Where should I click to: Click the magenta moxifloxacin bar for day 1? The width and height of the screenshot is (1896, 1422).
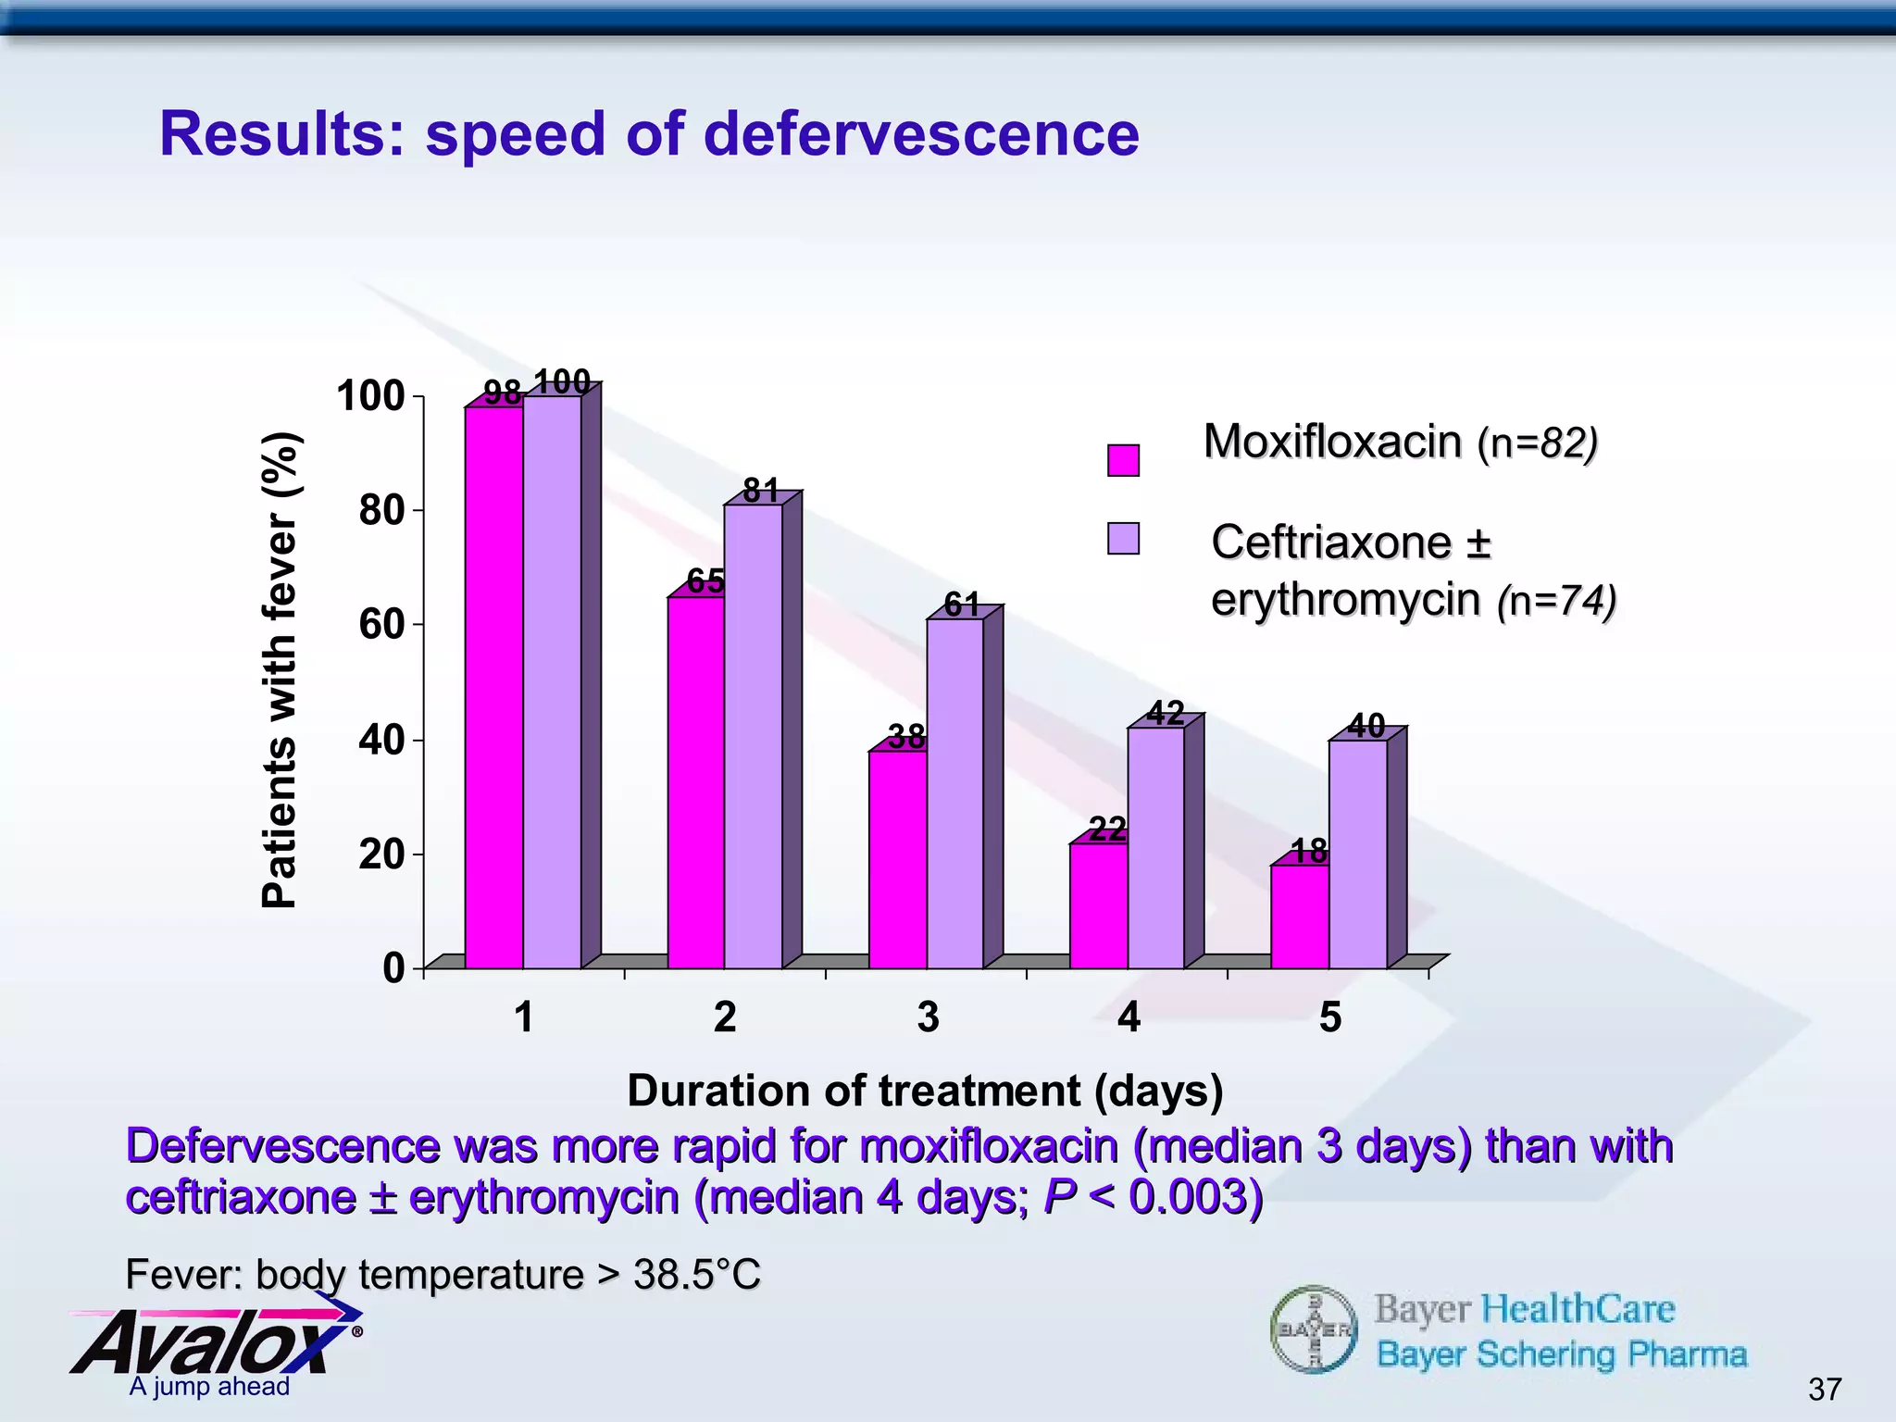coord(493,685)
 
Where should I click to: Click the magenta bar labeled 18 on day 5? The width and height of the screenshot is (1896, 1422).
coord(1300,917)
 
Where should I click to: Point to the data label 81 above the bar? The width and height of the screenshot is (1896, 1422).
coord(761,491)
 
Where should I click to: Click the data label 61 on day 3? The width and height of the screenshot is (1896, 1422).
coord(962,605)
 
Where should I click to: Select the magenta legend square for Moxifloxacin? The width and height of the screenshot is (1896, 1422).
coord(1123,460)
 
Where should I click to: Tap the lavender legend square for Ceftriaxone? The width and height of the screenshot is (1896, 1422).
coord(1123,539)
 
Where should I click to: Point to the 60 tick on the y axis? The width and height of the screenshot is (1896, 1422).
coord(381,625)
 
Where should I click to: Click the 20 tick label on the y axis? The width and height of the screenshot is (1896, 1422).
coord(381,854)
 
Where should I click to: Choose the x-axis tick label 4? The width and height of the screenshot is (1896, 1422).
coord(1129,1017)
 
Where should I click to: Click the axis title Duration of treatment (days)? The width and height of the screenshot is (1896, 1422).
coord(925,1091)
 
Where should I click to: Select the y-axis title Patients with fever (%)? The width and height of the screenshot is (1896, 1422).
coord(279,670)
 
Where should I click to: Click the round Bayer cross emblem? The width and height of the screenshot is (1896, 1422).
coord(1314,1329)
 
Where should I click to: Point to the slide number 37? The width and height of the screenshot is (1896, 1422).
coord(1824,1389)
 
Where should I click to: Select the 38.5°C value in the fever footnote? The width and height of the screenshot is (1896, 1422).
coord(696,1275)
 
